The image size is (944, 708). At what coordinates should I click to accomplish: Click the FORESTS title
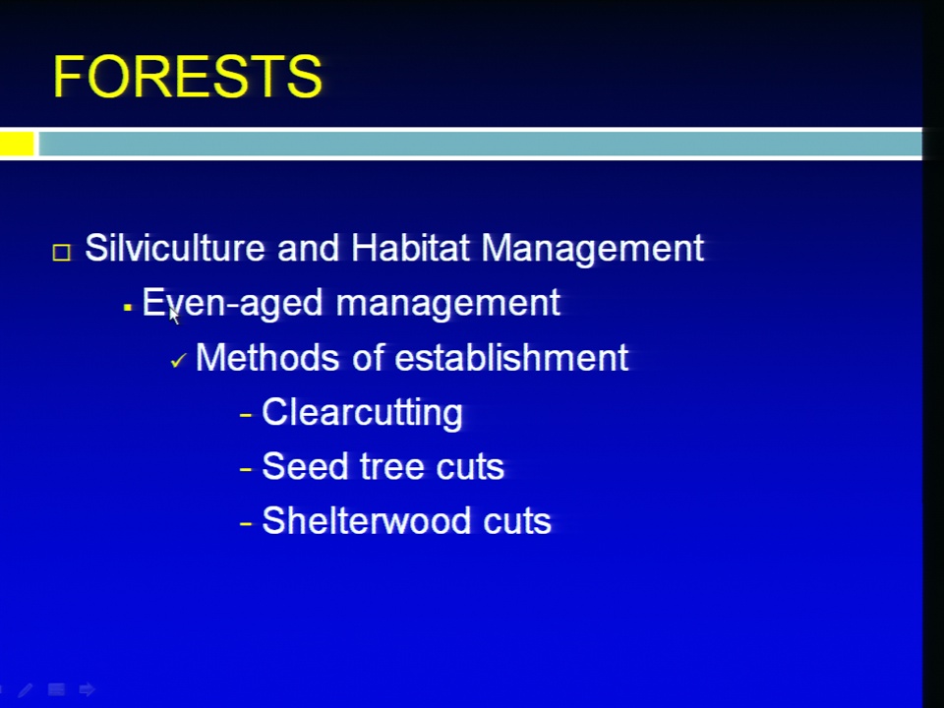tap(188, 77)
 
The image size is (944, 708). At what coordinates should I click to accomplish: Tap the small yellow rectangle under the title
tap(17, 144)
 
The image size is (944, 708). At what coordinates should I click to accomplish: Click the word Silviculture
tap(175, 248)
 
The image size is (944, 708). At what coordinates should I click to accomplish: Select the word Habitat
tap(410, 248)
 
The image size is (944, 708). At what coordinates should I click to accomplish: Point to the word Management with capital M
tap(592, 249)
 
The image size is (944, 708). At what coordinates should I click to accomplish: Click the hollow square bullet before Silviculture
tap(61, 252)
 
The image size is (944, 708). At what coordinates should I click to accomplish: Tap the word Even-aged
tap(232, 303)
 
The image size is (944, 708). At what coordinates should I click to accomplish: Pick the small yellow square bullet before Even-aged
tap(127, 308)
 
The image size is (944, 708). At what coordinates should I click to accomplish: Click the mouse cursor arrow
tap(174, 316)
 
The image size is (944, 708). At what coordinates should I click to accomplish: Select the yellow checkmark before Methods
tap(178, 361)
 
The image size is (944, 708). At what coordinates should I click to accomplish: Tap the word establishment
tap(511, 358)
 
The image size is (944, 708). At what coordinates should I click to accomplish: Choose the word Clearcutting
tap(363, 412)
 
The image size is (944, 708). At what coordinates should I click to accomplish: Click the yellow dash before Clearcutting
tap(246, 415)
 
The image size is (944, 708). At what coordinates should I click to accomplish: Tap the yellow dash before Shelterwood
tap(246, 523)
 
